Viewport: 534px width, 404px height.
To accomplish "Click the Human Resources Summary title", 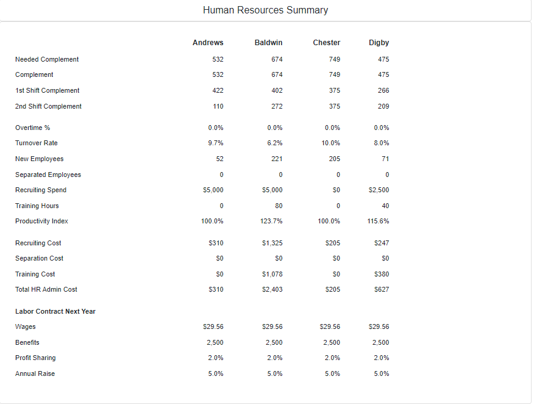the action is [265, 10].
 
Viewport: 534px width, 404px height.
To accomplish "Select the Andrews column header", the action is [208, 43].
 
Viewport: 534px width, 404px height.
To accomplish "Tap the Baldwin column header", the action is [268, 43].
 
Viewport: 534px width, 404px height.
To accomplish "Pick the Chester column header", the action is [327, 43].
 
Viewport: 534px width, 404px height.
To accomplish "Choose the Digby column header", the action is [379, 43].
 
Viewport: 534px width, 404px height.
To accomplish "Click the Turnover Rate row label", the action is [37, 143].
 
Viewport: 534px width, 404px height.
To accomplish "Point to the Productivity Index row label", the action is [41, 221].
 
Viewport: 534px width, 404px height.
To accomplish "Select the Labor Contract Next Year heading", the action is [55, 311].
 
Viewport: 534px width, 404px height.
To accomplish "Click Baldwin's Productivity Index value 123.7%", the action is [271, 221].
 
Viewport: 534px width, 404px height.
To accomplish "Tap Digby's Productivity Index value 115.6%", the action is [378, 221].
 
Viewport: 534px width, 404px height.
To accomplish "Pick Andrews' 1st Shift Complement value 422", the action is [218, 90].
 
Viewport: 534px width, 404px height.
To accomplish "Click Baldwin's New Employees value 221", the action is [277, 159].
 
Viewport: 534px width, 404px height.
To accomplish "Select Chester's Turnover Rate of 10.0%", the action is [330, 143].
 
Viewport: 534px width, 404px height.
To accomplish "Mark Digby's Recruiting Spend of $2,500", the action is [379, 190].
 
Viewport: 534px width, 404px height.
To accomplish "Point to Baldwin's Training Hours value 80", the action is [279, 206].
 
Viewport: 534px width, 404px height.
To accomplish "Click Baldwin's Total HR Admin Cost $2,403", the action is [272, 289].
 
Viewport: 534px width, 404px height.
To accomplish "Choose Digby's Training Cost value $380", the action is [382, 274].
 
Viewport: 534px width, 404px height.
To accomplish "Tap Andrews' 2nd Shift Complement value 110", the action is [218, 106].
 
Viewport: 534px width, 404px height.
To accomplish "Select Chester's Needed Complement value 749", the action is [335, 59].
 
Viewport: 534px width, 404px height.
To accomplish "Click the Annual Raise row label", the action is [35, 373].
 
